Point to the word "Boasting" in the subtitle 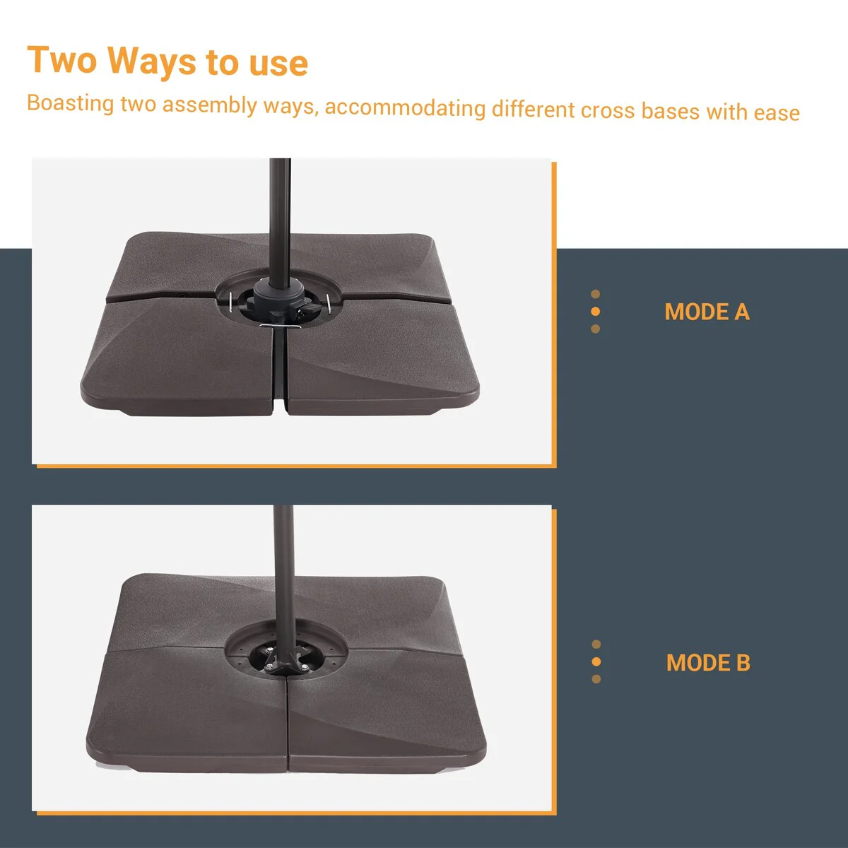point(71,103)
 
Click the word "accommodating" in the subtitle point(405,108)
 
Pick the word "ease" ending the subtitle point(777,113)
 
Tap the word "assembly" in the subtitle point(209,105)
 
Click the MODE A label point(707,312)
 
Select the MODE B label point(708,662)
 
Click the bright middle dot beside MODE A point(596,312)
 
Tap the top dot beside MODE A point(596,294)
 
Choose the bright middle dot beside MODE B point(596,661)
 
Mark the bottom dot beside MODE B point(596,679)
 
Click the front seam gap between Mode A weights point(279,370)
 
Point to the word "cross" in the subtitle point(608,110)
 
